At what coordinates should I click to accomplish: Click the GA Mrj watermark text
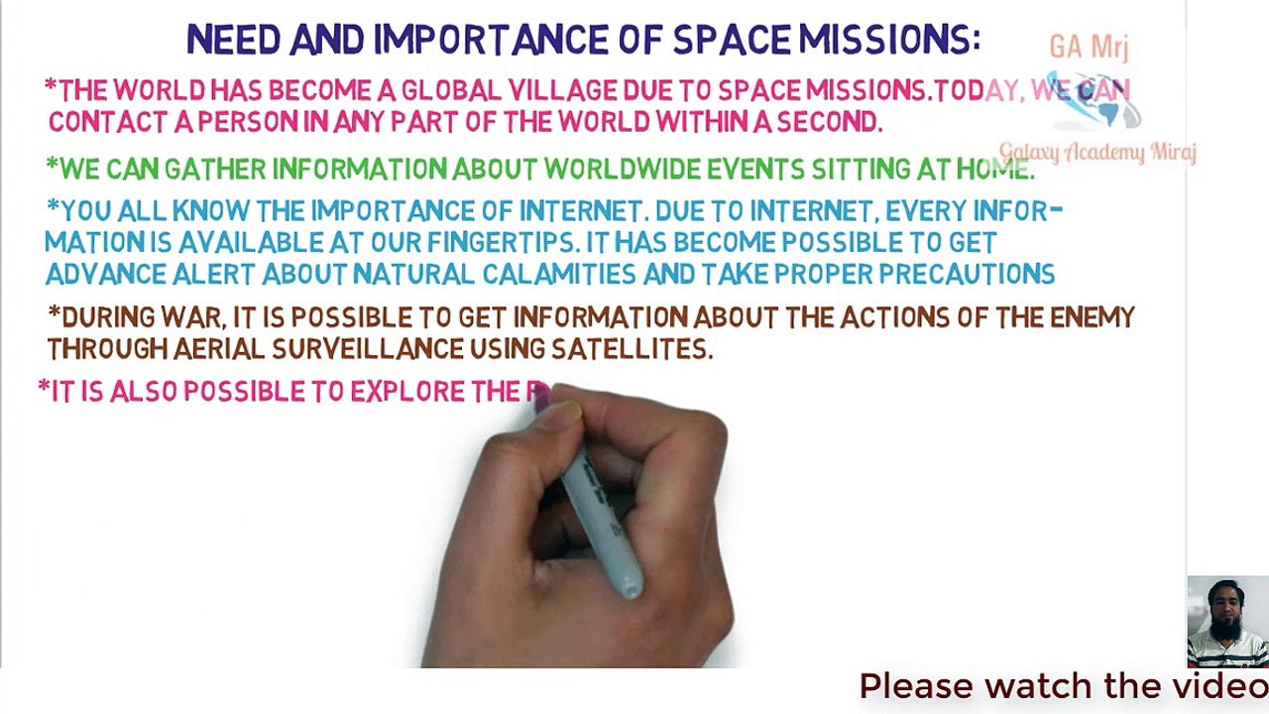[1089, 47]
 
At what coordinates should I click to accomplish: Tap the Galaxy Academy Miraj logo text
[1097, 153]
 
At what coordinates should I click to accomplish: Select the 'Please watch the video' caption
[1063, 686]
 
